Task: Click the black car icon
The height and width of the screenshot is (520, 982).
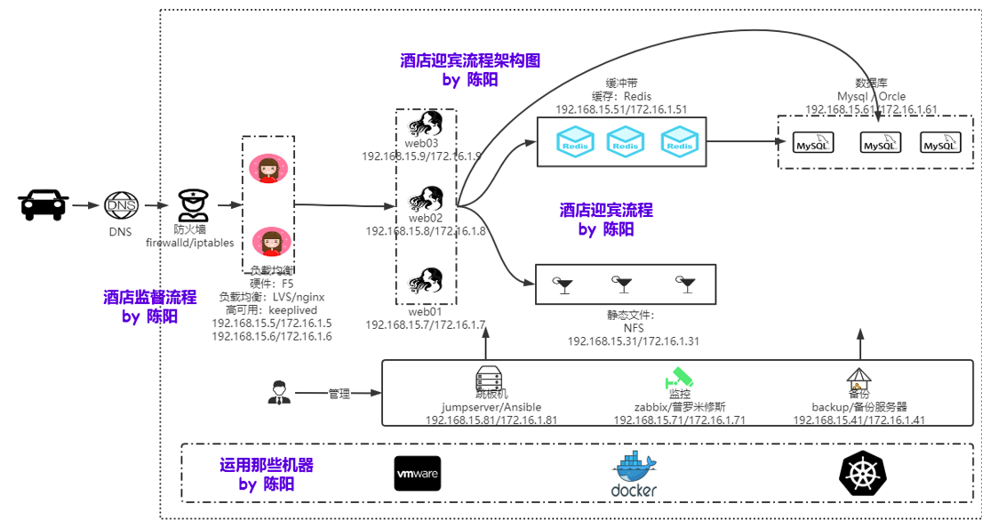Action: (44, 204)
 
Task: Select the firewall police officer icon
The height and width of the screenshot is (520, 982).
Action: (192, 205)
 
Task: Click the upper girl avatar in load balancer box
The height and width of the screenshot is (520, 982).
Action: (267, 168)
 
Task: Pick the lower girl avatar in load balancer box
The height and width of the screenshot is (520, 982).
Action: (267, 241)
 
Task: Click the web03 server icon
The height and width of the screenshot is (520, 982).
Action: (426, 123)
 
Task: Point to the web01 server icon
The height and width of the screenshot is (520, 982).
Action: (426, 282)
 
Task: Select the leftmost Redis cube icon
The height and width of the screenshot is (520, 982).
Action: (574, 141)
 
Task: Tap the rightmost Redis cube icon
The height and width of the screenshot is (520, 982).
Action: (680, 141)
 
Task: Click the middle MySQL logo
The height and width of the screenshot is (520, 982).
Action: (881, 142)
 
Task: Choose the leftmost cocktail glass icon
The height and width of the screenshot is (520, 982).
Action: (563, 284)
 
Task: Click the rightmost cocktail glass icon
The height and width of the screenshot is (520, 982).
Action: (686, 284)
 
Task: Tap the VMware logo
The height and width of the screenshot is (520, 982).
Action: (417, 474)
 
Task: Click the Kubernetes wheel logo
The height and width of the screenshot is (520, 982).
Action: (863, 474)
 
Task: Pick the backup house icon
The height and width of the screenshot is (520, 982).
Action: (858, 380)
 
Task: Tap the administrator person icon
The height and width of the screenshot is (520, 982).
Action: (279, 392)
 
